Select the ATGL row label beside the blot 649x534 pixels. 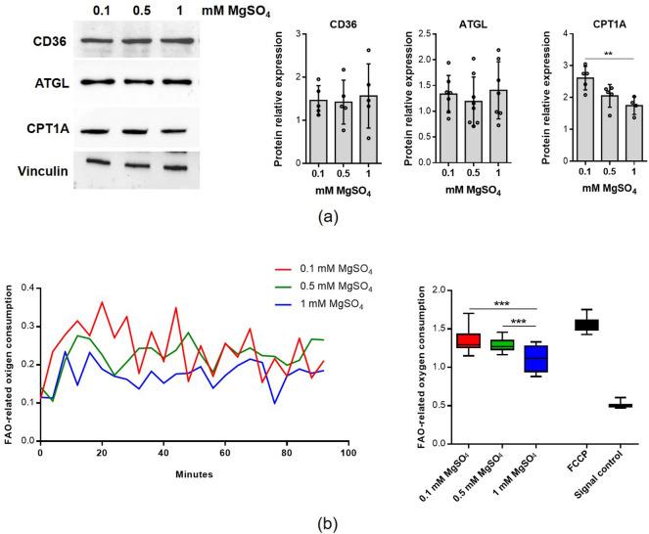(x=29, y=84)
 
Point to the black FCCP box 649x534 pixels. (x=585, y=325)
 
